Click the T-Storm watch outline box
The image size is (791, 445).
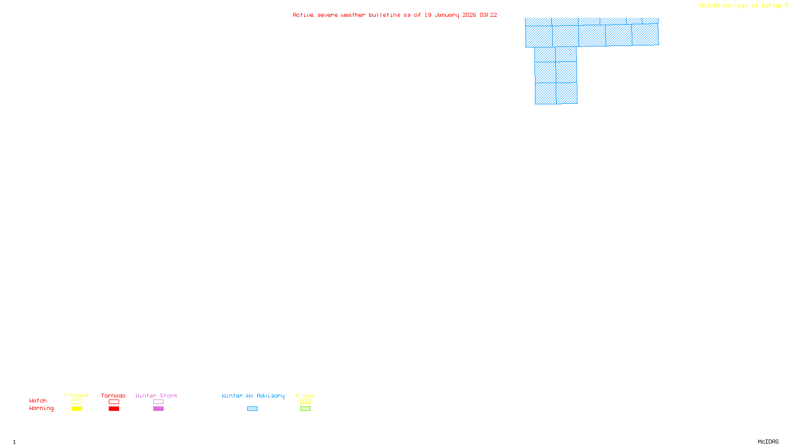77,402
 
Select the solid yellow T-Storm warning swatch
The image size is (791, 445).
77,409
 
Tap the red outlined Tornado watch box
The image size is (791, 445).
114,402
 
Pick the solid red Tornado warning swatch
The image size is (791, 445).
114,409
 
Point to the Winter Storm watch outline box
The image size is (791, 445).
158,402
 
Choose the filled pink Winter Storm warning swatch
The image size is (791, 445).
158,409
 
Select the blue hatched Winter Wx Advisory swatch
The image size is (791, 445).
252,409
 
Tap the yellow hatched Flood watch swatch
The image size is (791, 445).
305,402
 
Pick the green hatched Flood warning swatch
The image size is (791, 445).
305,409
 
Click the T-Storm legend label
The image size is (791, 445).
76,396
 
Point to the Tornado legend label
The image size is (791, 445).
113,396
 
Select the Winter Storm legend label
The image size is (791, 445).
156,396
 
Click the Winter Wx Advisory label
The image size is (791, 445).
253,396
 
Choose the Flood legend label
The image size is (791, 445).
305,396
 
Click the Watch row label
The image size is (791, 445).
38,400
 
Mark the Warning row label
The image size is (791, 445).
42,408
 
